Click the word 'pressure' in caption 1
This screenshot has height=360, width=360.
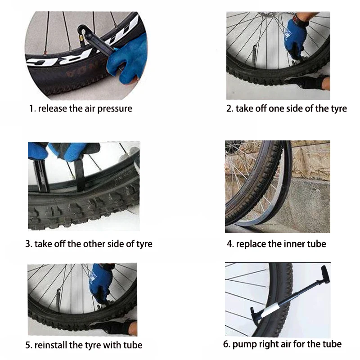click(115, 109)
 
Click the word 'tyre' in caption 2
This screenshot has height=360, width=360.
click(339, 109)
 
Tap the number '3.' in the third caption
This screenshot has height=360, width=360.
click(29, 244)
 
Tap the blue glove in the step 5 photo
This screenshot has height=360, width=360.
click(100, 283)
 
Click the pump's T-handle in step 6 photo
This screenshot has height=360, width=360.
click(325, 274)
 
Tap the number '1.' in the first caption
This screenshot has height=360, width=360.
click(32, 108)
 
